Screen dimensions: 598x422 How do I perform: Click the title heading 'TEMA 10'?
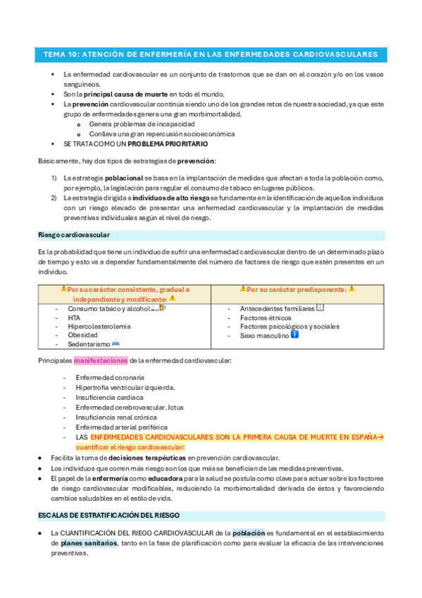click(210, 54)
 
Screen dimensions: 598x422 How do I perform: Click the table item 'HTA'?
click(74, 318)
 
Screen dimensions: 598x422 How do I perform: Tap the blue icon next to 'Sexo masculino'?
click(294, 334)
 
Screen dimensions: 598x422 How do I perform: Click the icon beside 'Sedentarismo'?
click(116, 343)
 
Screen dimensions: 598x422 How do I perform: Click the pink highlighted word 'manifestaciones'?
click(100, 361)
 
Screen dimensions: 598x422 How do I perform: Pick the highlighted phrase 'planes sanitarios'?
click(89, 543)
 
